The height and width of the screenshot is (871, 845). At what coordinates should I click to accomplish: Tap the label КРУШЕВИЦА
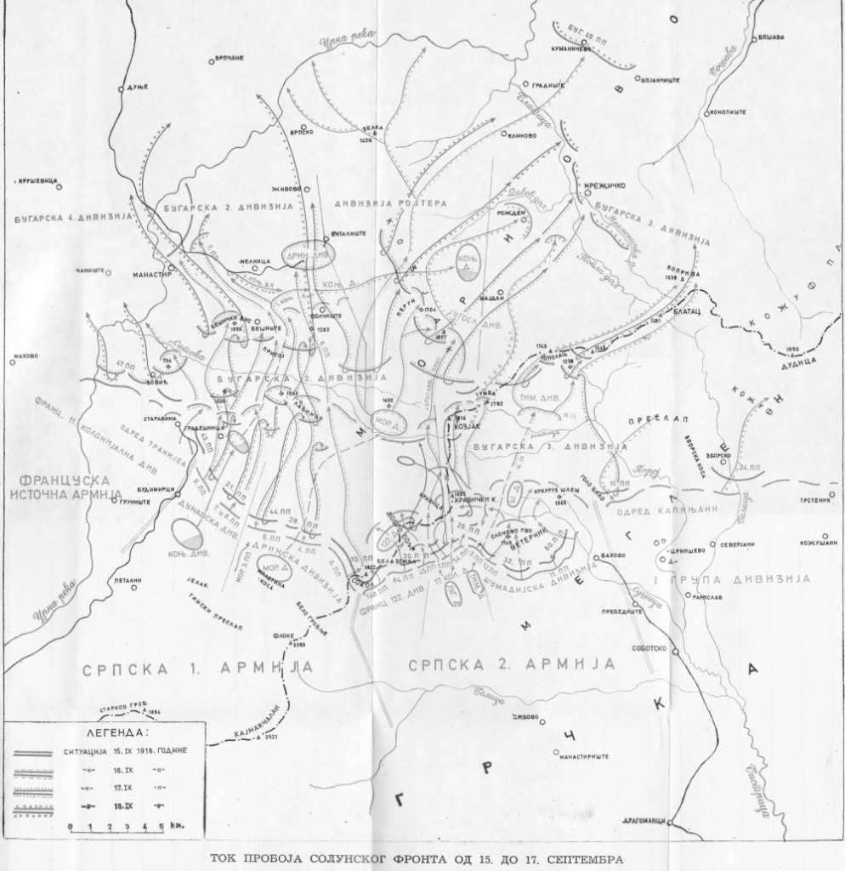coord(37,180)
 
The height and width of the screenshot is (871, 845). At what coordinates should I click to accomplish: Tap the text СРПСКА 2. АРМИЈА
coord(513,663)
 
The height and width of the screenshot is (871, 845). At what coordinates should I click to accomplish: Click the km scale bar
coord(119,825)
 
